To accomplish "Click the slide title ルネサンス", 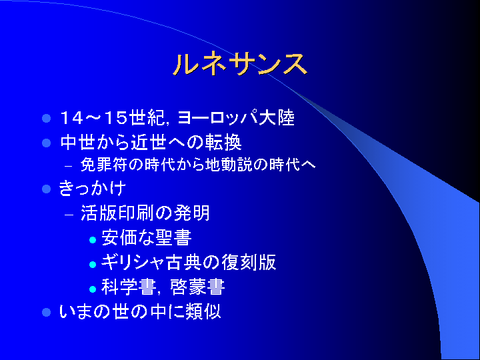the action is point(240,64).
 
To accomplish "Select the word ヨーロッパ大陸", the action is point(236,118).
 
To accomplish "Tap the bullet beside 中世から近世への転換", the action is point(46,143).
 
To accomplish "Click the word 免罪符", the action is point(103,165).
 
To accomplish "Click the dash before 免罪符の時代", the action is point(69,167).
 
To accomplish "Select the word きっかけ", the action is point(92,188).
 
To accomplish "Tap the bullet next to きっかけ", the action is point(46,189).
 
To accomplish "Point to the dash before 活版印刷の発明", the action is point(69,215).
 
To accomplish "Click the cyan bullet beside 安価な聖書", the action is point(93,240).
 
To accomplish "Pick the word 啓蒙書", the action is point(198,287).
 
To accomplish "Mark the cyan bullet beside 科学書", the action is point(93,289).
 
